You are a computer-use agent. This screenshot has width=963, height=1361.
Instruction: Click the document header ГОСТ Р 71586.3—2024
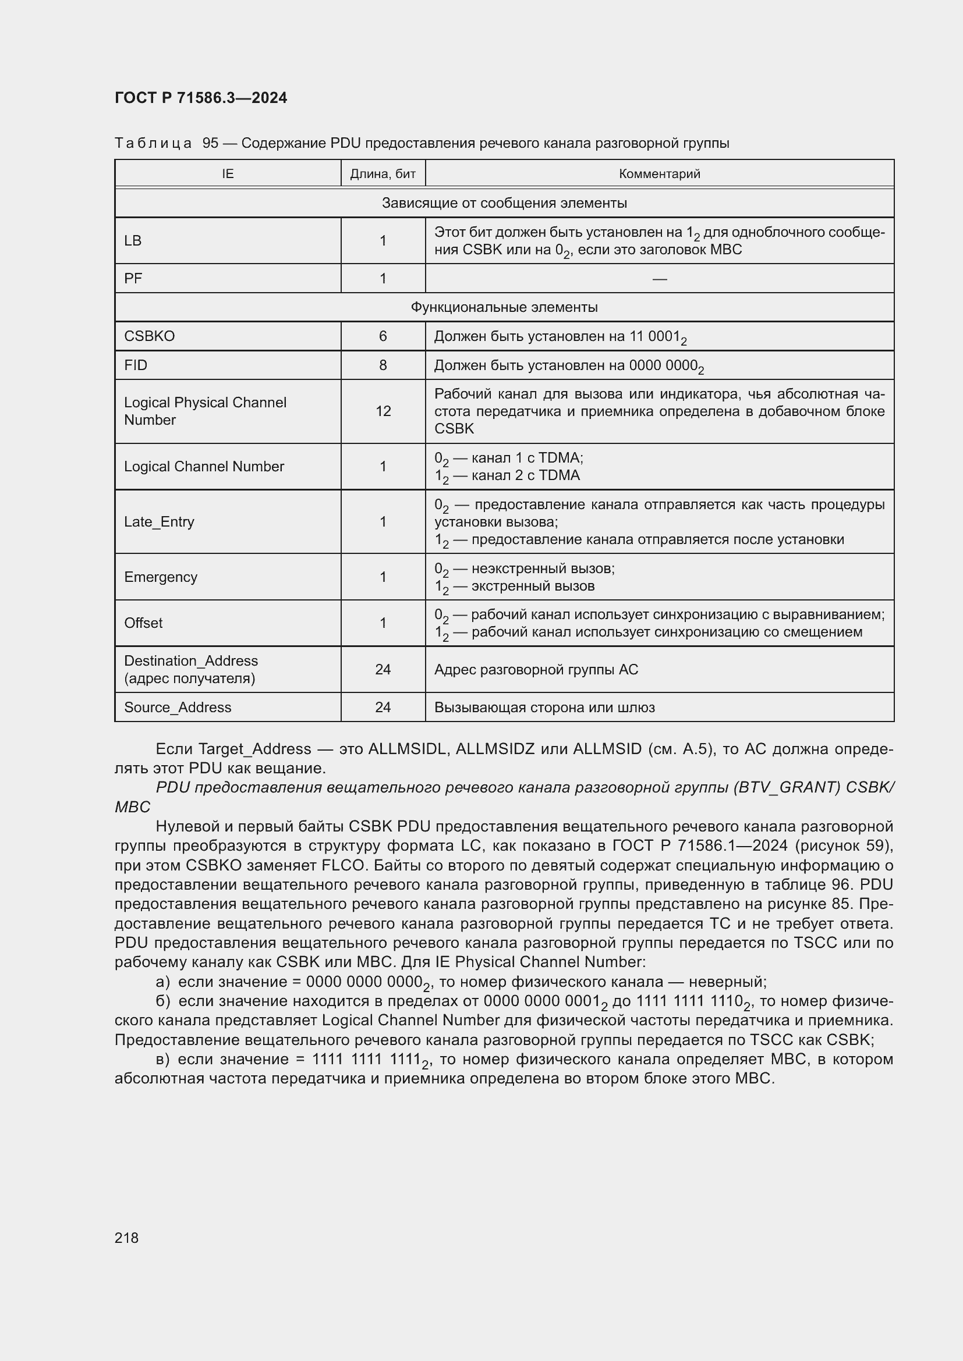(x=200, y=98)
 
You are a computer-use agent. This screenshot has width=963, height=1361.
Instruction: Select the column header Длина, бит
(x=383, y=173)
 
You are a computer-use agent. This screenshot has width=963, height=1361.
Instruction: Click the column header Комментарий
(x=659, y=173)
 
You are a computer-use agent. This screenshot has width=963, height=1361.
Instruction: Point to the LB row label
(x=133, y=241)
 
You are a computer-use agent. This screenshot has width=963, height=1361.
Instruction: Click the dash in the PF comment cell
(x=659, y=279)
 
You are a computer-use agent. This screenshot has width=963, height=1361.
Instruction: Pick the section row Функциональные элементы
(x=504, y=307)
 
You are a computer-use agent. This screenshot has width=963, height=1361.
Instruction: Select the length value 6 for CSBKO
(x=383, y=336)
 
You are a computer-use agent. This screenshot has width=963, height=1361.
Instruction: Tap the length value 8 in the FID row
(x=383, y=365)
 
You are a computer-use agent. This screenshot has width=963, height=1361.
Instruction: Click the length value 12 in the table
(x=383, y=411)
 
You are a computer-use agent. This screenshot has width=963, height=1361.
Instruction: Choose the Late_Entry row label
(x=159, y=521)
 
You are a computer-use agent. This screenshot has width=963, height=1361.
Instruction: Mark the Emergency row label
(x=160, y=577)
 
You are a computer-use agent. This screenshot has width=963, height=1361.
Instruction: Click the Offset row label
(x=143, y=623)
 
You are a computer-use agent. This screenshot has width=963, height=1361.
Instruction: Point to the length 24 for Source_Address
(x=383, y=707)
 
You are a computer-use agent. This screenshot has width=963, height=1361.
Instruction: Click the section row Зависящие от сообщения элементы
(x=504, y=202)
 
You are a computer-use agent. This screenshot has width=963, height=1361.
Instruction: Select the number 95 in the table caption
(x=211, y=144)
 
